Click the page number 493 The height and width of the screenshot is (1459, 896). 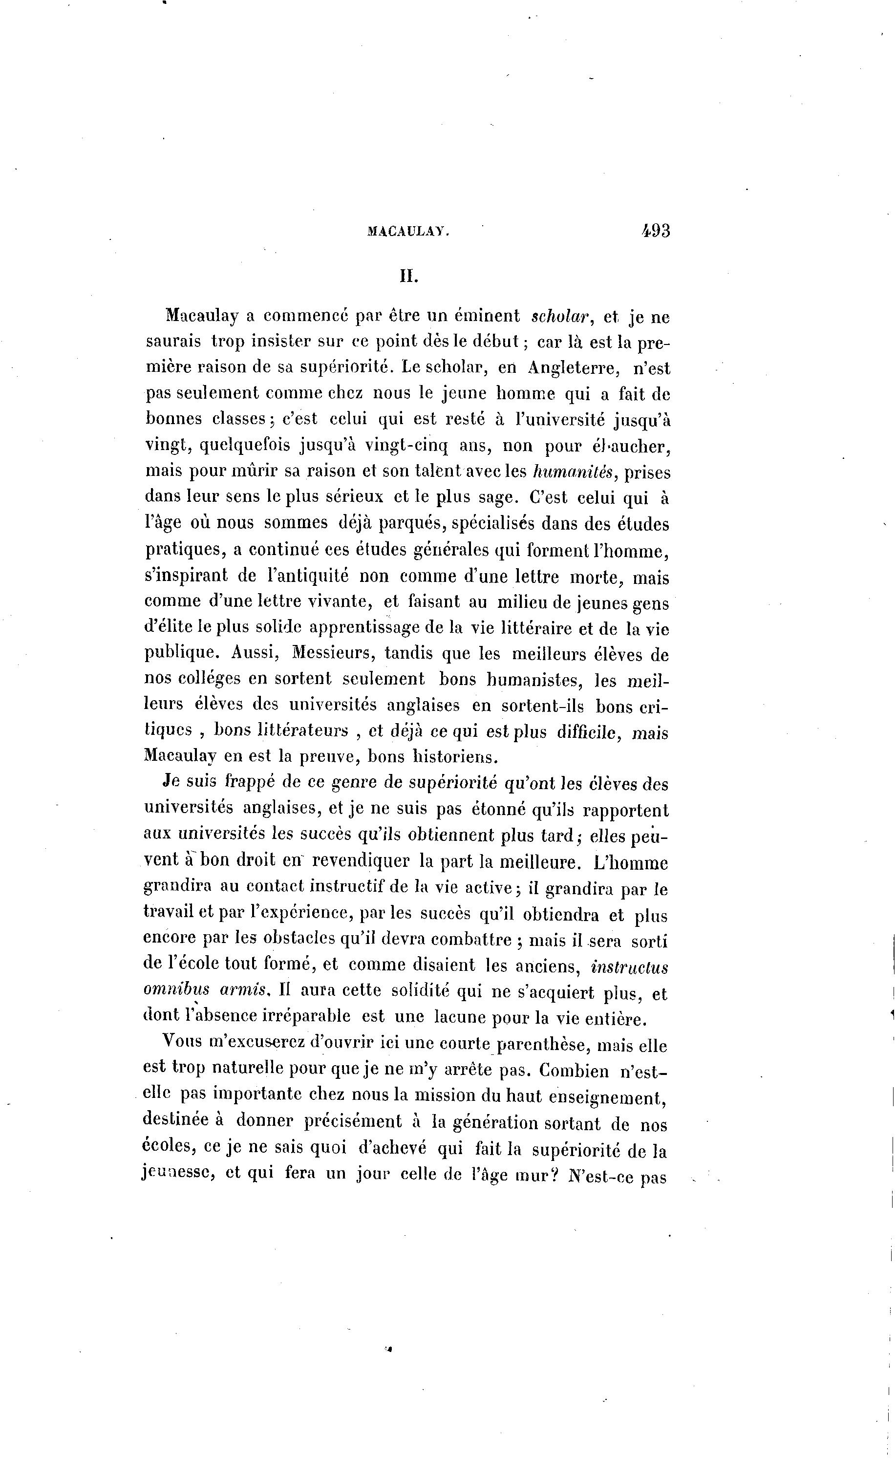click(655, 231)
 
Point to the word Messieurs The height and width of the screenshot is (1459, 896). click(331, 654)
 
